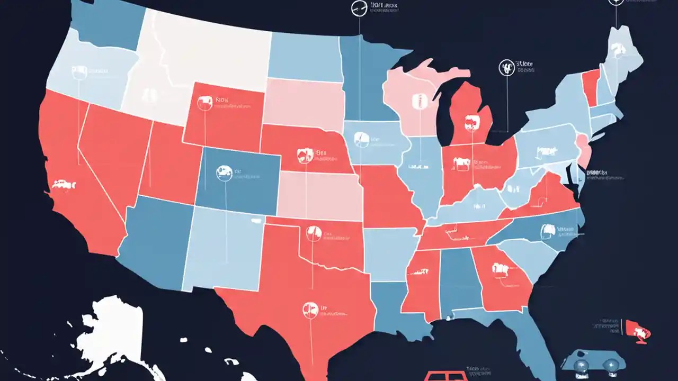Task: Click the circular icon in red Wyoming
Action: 204,102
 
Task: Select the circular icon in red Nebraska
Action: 304,155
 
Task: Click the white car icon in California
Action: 64,184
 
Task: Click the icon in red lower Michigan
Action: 469,124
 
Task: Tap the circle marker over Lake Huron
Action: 507,67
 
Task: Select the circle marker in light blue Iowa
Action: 360,139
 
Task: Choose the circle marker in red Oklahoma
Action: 314,231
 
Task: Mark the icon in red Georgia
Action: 499,269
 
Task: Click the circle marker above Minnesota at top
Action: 359,8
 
